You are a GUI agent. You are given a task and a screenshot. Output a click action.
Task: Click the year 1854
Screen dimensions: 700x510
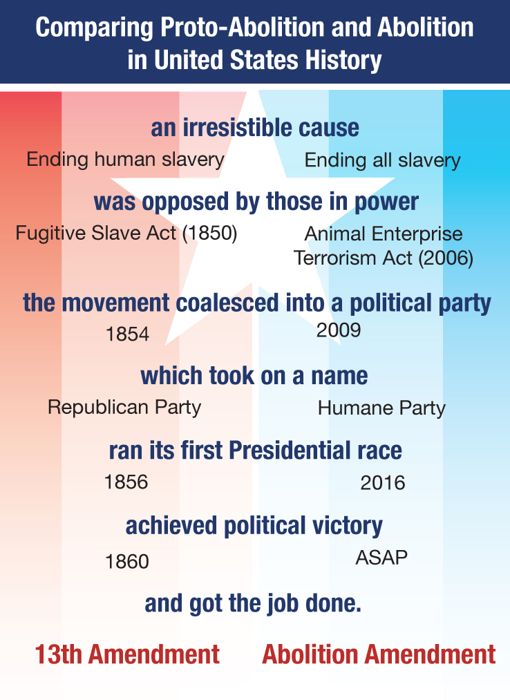(x=128, y=334)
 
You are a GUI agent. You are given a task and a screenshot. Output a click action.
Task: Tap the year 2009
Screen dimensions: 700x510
(x=339, y=330)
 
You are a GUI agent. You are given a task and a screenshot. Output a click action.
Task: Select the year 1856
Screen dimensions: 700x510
(x=126, y=482)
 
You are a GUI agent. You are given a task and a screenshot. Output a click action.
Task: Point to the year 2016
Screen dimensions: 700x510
(x=383, y=483)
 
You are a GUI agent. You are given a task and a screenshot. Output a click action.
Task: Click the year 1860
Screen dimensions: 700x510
(x=127, y=562)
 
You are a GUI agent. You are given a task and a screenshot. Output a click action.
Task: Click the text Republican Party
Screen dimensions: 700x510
(x=124, y=407)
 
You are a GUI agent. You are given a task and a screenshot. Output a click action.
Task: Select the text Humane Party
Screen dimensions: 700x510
(x=381, y=408)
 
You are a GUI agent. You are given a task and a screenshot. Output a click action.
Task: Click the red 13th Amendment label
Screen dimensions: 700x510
(x=128, y=654)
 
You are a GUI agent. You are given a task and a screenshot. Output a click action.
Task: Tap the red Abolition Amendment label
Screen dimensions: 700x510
(x=379, y=654)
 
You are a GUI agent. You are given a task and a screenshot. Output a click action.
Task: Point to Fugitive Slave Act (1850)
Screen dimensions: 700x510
(x=126, y=234)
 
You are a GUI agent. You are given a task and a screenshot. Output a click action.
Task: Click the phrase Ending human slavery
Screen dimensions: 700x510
(x=125, y=160)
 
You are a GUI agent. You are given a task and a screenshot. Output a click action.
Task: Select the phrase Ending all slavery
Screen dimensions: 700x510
(x=382, y=161)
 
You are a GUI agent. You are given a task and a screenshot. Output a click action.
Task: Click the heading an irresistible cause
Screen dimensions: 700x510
(x=255, y=128)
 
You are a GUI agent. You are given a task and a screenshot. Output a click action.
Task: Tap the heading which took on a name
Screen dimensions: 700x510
(x=254, y=376)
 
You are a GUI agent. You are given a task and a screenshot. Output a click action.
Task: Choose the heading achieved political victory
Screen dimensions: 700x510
(x=254, y=526)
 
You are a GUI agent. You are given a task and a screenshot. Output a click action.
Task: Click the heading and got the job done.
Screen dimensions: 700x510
(x=254, y=604)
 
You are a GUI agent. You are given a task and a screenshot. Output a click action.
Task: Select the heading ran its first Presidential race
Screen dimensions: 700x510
(x=255, y=451)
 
